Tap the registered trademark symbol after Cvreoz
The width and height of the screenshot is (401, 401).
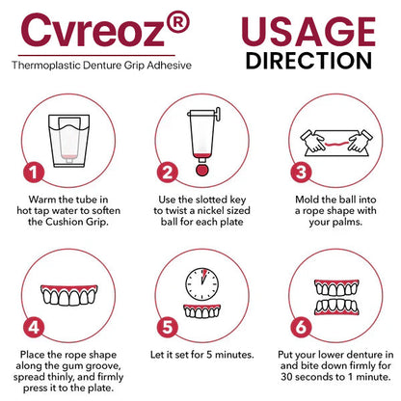pyautogui.click(x=178, y=21)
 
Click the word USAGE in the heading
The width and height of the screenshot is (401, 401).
pyautogui.click(x=308, y=31)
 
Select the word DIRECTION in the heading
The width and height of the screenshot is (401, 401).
pyautogui.click(x=308, y=61)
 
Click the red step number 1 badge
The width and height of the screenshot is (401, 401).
pyautogui.click(x=34, y=173)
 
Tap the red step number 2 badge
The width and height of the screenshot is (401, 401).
pyautogui.click(x=168, y=173)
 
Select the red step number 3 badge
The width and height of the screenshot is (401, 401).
pyautogui.click(x=301, y=173)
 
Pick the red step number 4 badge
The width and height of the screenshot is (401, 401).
pyautogui.click(x=34, y=328)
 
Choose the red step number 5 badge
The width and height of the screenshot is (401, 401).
pyautogui.click(x=168, y=328)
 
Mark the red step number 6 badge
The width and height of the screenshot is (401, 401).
pyautogui.click(x=301, y=328)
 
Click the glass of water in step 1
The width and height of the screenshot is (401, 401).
pyautogui.click(x=69, y=141)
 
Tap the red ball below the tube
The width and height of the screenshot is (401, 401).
pyautogui.click(x=201, y=170)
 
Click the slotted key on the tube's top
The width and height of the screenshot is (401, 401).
pyautogui.click(x=218, y=115)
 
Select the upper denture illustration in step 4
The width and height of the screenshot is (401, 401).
pyautogui.click(x=69, y=295)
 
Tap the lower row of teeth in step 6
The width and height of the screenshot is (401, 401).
pyautogui.click(x=336, y=307)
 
